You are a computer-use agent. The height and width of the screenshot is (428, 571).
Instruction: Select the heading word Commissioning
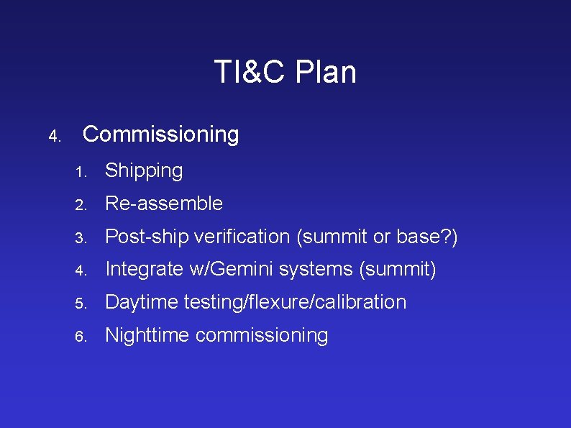(x=161, y=135)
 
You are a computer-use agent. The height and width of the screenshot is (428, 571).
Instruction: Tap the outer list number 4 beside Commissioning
(x=53, y=136)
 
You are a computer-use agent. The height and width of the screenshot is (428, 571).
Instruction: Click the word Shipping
(x=144, y=171)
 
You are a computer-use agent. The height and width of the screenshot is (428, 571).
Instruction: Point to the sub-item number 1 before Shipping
(x=83, y=173)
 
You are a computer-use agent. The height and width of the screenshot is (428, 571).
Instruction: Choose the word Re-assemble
(x=164, y=204)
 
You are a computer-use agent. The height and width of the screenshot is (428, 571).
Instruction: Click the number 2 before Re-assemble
(x=83, y=205)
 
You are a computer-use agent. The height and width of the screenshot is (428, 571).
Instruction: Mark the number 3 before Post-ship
(x=83, y=238)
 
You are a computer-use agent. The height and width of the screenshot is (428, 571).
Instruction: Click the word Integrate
(x=144, y=270)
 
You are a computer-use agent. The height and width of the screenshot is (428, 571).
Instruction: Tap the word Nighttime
(x=147, y=335)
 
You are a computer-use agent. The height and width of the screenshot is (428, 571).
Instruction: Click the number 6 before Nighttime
(x=83, y=337)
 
